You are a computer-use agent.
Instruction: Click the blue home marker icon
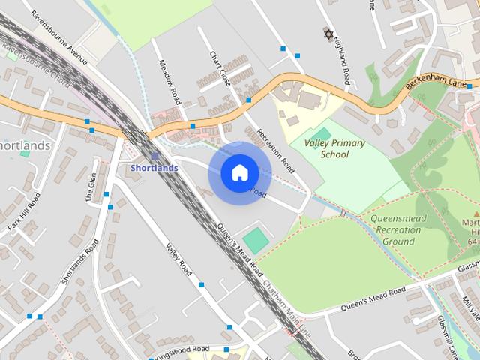tap(238, 172)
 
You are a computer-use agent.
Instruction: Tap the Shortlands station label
tap(154, 168)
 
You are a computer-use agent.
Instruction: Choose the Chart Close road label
tap(220, 68)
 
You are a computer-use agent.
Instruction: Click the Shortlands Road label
tap(80, 262)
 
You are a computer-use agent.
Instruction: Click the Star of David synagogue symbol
tap(327, 34)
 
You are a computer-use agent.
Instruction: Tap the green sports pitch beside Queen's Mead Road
tap(256, 241)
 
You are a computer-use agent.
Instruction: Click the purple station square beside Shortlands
tap(154, 156)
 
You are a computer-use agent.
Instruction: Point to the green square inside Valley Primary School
tap(325, 133)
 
